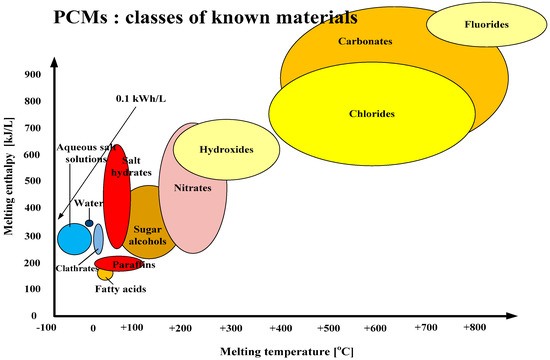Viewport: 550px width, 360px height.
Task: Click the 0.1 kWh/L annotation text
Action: [x=137, y=98]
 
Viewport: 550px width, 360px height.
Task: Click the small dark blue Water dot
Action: [x=89, y=223]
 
